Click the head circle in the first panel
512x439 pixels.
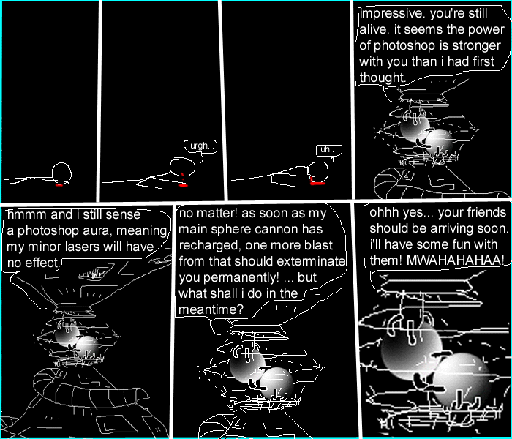pos(61,173)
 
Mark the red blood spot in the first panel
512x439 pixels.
pos(59,184)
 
